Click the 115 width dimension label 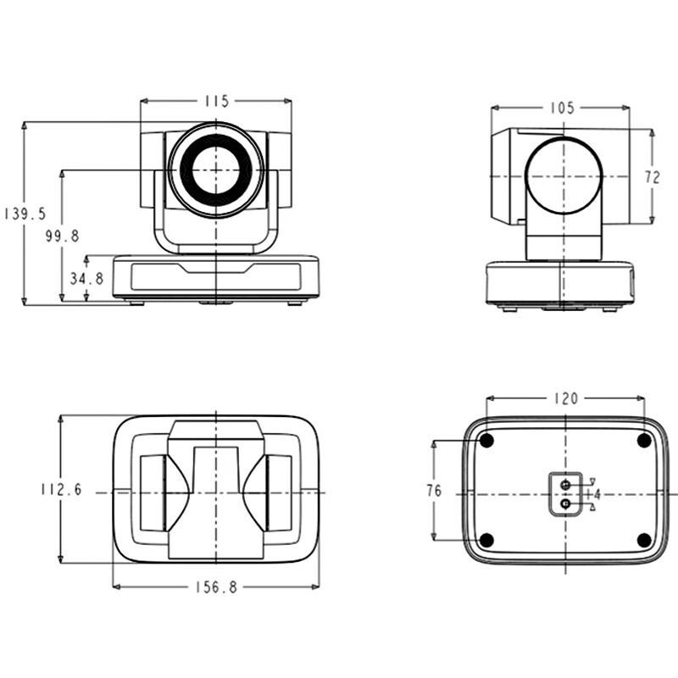[x=216, y=101]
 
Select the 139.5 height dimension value [x=25, y=214]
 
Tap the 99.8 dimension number [x=62, y=236]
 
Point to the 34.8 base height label [x=87, y=279]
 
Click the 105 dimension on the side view [x=562, y=108]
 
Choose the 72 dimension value [x=653, y=177]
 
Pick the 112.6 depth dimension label [x=61, y=490]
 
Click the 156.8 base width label [x=216, y=587]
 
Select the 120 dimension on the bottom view [x=565, y=398]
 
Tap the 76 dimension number [x=434, y=491]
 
